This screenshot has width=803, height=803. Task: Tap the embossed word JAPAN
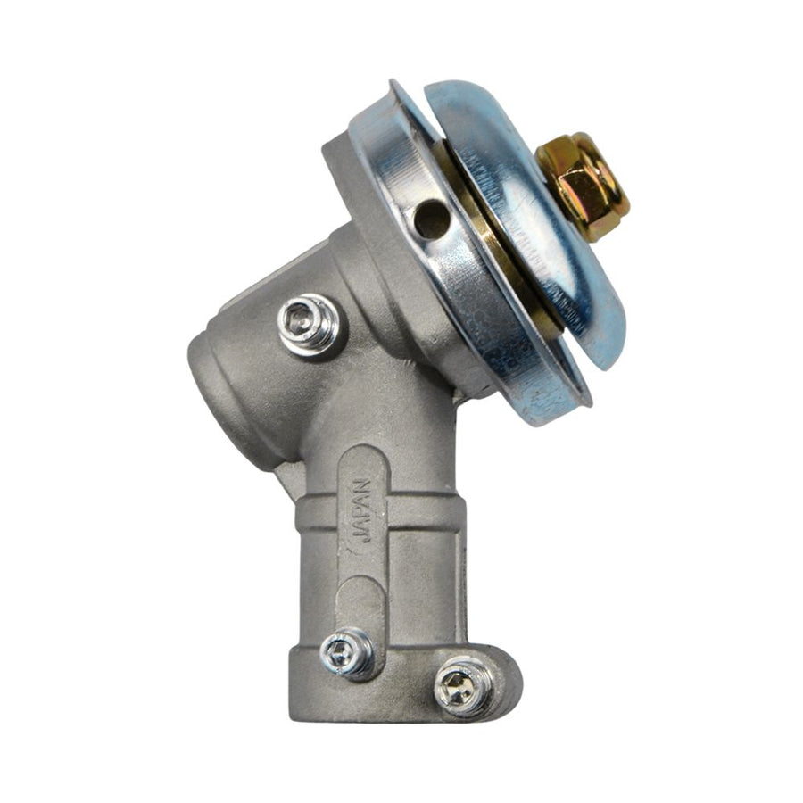tap(362, 517)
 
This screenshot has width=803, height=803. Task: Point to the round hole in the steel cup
tap(431, 219)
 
